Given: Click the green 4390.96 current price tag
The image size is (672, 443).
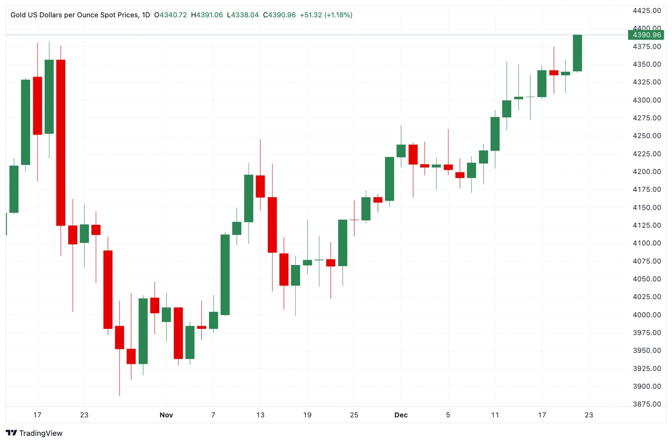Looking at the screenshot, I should [646, 35].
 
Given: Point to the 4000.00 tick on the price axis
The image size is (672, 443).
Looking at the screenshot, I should [647, 315].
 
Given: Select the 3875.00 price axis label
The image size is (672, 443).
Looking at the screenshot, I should [647, 404].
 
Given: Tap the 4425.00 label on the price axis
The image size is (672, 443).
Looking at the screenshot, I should [647, 10].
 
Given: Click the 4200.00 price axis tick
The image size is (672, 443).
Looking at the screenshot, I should [647, 171].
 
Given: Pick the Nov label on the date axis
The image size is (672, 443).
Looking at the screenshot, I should [166, 415].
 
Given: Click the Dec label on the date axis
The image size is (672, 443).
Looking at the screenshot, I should [401, 415].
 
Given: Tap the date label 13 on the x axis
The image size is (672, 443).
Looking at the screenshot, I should [260, 415].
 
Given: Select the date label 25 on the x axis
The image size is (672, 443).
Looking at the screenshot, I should [354, 415].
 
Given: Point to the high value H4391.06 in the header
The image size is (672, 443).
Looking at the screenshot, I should [207, 15].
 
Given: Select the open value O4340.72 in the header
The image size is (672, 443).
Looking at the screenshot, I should [171, 15].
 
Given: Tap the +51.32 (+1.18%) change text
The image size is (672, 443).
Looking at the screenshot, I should [326, 15].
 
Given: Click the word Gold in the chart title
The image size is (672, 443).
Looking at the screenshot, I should [18, 15].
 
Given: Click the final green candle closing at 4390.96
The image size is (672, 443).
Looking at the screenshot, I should [577, 52].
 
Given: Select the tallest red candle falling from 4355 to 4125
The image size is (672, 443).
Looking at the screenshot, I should [61, 143].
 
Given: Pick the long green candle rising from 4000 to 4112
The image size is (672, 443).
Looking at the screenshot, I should [225, 275].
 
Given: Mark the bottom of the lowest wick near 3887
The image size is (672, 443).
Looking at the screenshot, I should [119, 395].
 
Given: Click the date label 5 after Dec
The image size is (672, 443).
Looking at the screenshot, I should [448, 415].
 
